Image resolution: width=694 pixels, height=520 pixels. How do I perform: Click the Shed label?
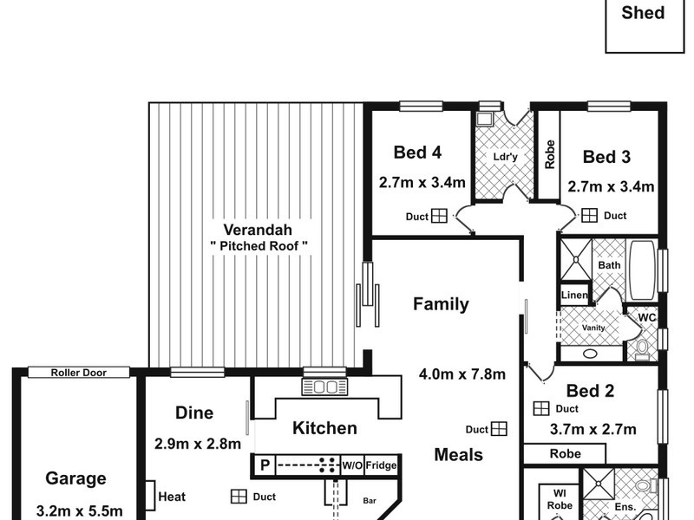click(643, 13)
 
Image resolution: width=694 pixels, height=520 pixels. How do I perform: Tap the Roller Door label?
click(78, 373)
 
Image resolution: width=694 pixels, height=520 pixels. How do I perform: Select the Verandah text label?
click(258, 231)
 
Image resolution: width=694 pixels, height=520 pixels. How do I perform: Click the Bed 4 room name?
click(418, 153)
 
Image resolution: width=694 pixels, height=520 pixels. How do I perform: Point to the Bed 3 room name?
click(606, 157)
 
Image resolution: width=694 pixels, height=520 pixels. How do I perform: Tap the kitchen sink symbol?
click(324, 387)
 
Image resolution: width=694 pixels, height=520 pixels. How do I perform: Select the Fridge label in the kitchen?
click(381, 465)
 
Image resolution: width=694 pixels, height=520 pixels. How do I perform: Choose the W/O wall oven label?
click(351, 465)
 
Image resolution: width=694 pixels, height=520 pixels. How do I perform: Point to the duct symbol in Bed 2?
click(541, 407)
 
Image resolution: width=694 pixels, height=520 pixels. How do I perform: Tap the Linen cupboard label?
click(574, 296)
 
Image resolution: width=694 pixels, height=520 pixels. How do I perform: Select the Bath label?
click(609, 266)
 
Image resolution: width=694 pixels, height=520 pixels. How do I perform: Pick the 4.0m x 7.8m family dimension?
click(462, 374)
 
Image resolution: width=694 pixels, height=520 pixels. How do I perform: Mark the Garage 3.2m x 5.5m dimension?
click(79, 510)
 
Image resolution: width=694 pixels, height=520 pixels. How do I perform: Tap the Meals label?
click(459, 454)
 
